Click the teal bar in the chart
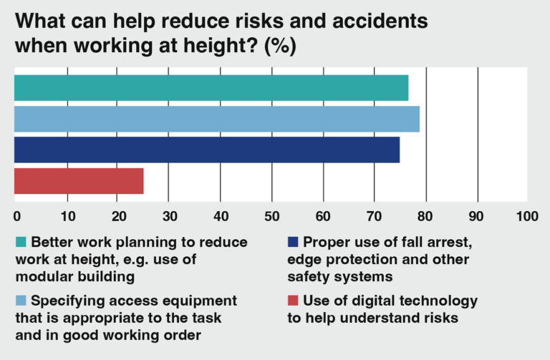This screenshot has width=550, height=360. [211, 88]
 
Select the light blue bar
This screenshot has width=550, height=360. [216, 119]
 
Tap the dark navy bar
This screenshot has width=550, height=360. [206, 150]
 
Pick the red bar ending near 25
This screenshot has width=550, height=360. [79, 180]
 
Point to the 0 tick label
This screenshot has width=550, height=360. [16, 215]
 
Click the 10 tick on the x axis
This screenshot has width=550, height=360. [67, 215]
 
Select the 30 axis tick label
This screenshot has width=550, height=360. [169, 215]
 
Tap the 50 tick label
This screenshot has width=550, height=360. [271, 215]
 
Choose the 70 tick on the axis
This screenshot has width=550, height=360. [374, 215]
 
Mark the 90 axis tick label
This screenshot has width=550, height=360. [476, 215]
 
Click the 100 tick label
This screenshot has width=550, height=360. [526, 215]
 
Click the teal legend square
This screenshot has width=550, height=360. [21, 242]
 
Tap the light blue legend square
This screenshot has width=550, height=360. [21, 301]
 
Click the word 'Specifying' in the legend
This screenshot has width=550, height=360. [66, 301]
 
